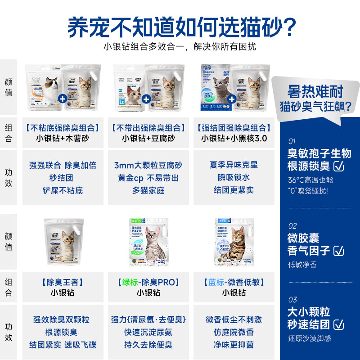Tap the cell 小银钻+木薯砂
(x=63, y=138)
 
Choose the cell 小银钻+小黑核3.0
(x=234, y=138)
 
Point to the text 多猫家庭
(x=148, y=190)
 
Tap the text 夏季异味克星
(x=234, y=165)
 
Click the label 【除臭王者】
(x=63, y=283)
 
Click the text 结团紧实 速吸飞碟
(x=63, y=345)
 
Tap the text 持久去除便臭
(x=148, y=345)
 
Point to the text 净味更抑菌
(x=234, y=345)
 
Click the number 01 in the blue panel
(x=292, y=141)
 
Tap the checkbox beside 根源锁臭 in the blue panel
(x=339, y=166)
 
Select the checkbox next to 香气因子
(x=339, y=251)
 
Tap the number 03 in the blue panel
(x=292, y=300)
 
